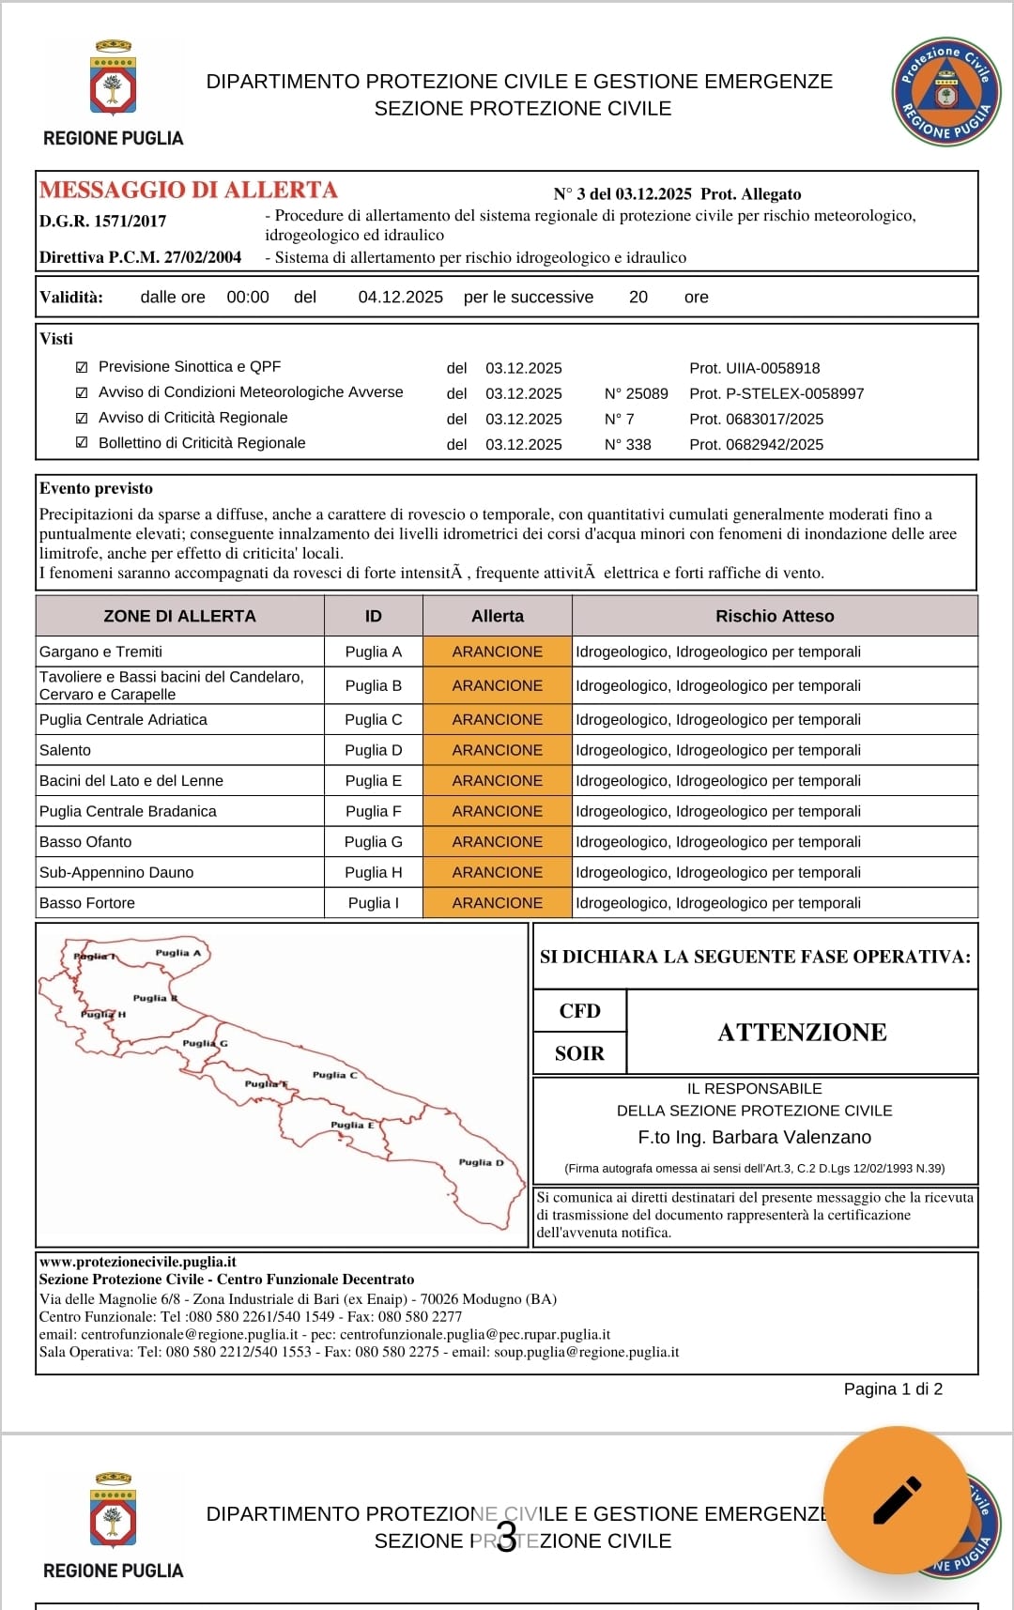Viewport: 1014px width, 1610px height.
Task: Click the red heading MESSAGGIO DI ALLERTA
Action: click(x=188, y=190)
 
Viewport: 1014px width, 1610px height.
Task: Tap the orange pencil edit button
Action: click(x=897, y=1500)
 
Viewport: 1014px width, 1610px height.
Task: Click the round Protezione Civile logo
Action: click(x=945, y=92)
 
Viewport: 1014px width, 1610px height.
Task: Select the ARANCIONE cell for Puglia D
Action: click(x=497, y=750)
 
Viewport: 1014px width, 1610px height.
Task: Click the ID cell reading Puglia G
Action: click(x=373, y=842)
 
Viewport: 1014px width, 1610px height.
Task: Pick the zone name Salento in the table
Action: click(x=66, y=750)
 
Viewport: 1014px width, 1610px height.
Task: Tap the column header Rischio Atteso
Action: click(x=775, y=616)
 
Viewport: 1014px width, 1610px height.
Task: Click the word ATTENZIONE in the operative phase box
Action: click(x=802, y=1032)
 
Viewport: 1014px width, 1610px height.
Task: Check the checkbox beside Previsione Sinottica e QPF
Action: click(x=82, y=367)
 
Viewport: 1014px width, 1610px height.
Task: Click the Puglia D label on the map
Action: click(x=481, y=1162)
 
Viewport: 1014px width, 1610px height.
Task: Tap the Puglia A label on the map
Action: click(x=178, y=952)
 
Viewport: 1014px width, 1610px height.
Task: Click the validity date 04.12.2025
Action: click(x=400, y=297)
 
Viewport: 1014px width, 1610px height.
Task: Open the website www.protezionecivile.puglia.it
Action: click(x=138, y=1262)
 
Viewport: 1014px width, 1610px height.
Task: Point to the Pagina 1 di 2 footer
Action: click(x=893, y=1388)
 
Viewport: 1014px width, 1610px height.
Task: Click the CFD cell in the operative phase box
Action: click(x=579, y=1011)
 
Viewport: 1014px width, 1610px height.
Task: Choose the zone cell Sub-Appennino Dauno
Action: click(x=116, y=872)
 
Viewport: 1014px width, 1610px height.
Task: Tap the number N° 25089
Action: click(x=636, y=393)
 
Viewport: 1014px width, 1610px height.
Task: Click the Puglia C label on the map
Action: click(x=334, y=1075)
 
